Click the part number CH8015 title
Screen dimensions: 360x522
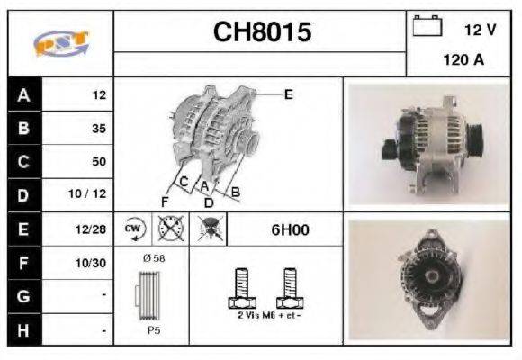tap(262, 32)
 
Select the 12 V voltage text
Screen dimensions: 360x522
tap(479, 30)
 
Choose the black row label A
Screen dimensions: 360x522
tap(23, 94)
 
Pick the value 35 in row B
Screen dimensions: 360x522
tap(98, 128)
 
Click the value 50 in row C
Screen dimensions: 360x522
tap(98, 162)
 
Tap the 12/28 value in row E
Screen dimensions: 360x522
tap(93, 229)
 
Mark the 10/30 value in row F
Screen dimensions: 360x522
tap(93, 263)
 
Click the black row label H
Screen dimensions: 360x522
tap(23, 330)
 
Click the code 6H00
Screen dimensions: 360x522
tap(290, 229)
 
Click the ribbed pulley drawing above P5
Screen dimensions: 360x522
tap(150, 294)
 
